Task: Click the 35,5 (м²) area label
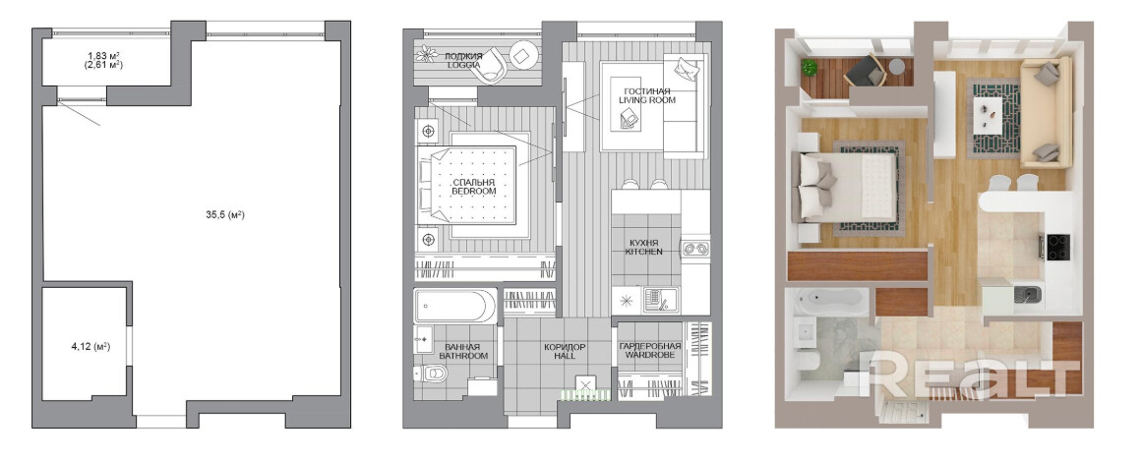pos(225,215)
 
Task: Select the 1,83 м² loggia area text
pos(103,55)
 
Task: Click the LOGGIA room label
pos(463,65)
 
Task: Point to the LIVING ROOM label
pos(647,100)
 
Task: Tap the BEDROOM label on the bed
pos(474,191)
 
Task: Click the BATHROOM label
pos(463,356)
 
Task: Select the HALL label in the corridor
pos(564,356)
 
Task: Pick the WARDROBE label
pos(649,356)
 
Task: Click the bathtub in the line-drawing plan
pos(455,306)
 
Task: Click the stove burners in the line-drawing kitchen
pos(695,249)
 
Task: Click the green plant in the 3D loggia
pos(810,68)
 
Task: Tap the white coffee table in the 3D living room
pos(991,114)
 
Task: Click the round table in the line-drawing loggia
pos(523,54)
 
